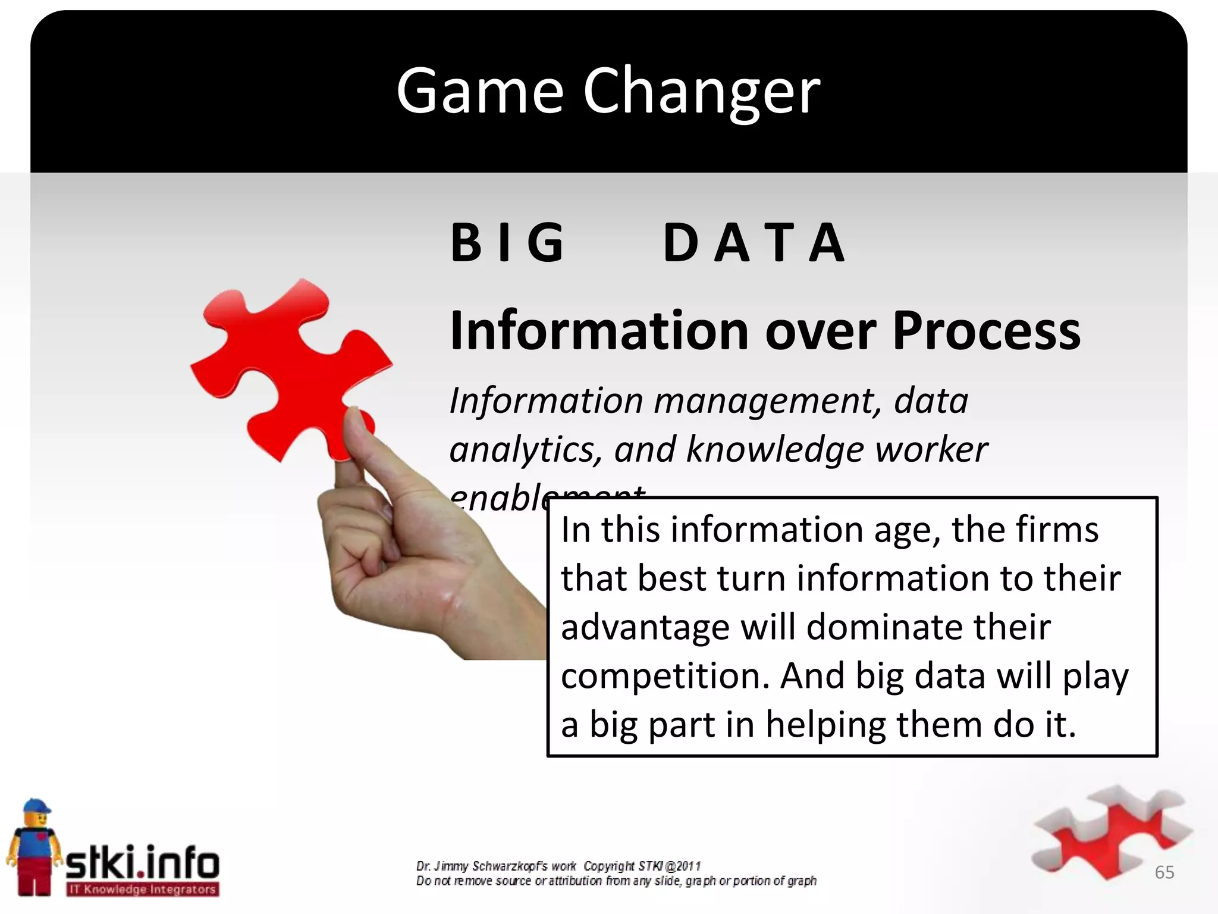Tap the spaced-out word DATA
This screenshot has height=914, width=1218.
pos(754,242)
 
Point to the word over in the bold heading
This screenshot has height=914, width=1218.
pos(820,331)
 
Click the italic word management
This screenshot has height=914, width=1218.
pos(767,401)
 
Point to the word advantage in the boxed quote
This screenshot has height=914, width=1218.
pos(645,628)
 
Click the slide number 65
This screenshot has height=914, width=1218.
pos(1164,872)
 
